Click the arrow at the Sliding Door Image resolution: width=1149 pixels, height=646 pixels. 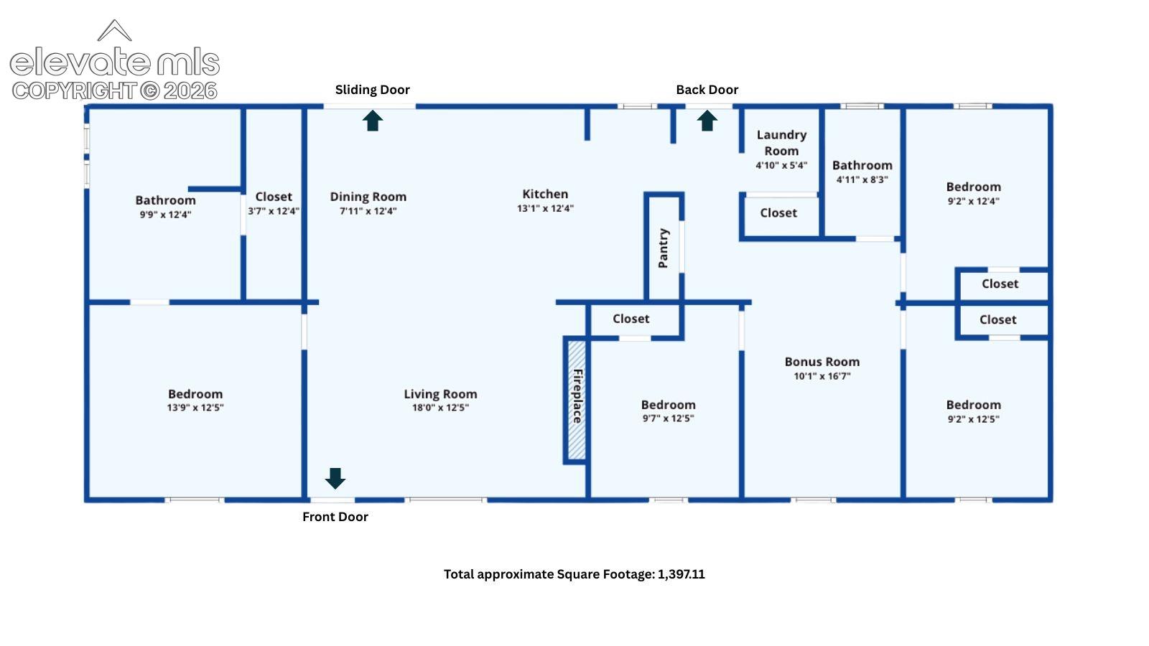(373, 121)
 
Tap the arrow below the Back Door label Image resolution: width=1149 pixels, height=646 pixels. (707, 121)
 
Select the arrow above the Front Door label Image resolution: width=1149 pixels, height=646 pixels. (335, 478)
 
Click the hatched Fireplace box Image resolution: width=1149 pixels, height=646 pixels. (577, 401)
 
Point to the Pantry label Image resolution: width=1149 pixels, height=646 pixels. (663, 248)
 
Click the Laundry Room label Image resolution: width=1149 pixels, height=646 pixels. (781, 143)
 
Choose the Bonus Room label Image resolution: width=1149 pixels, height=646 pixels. (822, 362)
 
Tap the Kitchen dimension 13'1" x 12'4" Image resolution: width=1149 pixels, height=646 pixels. (545, 208)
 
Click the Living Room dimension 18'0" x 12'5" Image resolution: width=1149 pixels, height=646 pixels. (440, 408)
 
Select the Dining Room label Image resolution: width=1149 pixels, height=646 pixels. (368, 197)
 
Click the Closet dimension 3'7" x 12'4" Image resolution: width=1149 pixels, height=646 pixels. (274, 211)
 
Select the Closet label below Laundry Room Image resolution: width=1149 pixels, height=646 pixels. (778, 212)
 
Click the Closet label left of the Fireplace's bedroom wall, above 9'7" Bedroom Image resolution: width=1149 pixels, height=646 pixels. (631, 319)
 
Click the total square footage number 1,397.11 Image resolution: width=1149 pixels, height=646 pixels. (682, 574)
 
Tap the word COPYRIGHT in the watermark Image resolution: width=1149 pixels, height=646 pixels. (74, 91)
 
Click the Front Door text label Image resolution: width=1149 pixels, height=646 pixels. (335, 517)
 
